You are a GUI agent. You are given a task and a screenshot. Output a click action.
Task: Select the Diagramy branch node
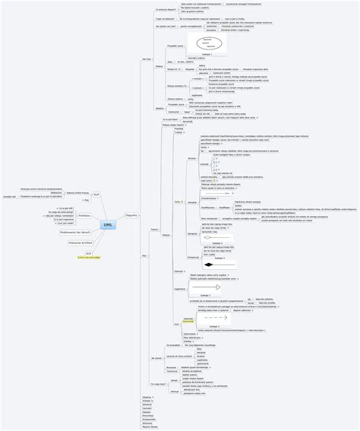click(x=131, y=215)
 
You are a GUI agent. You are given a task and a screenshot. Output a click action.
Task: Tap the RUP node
click(x=96, y=195)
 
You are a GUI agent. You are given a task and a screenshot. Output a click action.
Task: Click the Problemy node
click(x=86, y=216)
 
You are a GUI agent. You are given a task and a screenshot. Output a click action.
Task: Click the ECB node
click(x=89, y=253)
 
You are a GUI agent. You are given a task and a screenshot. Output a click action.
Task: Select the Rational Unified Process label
click(x=75, y=193)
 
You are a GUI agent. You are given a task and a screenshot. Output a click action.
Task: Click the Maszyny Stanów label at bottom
click(x=150, y=426)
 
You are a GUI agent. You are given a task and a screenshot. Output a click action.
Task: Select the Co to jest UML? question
click(x=171, y=119)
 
